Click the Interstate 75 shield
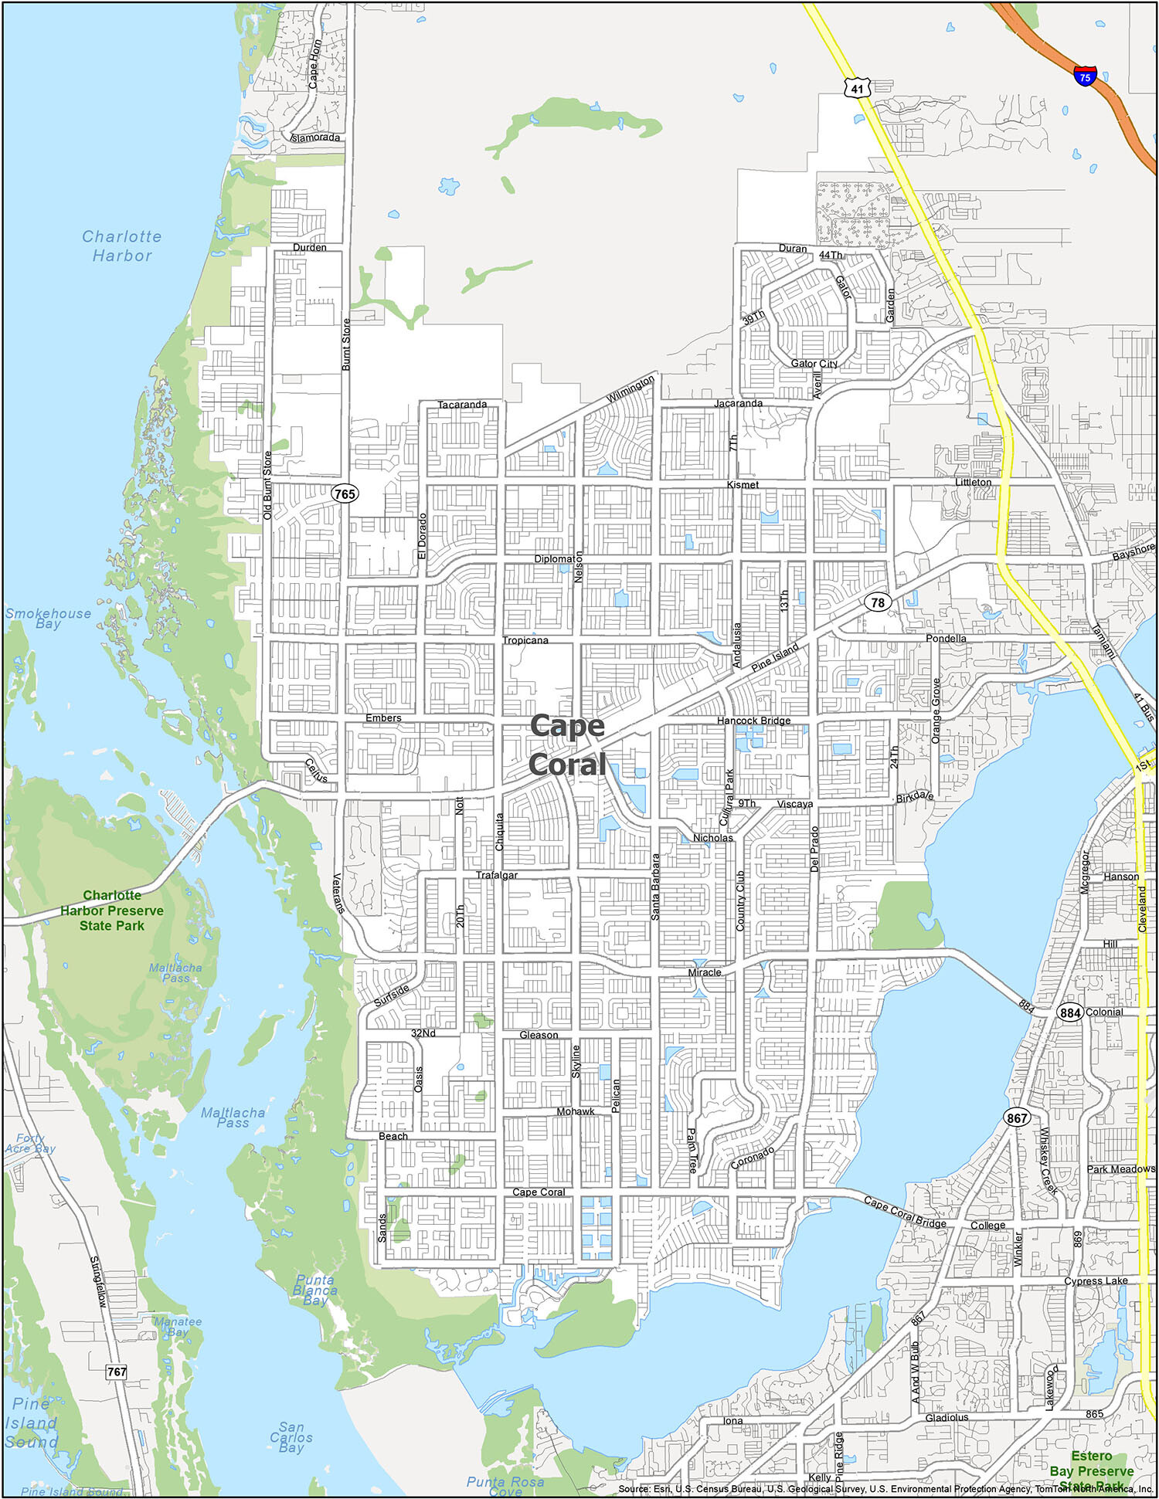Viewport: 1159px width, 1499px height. (x=1085, y=76)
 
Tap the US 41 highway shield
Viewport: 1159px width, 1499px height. (x=857, y=88)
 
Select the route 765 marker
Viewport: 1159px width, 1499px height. (x=345, y=493)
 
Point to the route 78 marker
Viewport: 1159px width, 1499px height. (x=877, y=602)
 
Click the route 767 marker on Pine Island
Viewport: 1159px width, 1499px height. (x=116, y=1372)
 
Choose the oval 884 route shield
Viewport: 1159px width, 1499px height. (x=1069, y=1012)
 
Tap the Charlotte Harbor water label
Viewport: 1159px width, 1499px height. (x=122, y=246)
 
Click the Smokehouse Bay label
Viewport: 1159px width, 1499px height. (x=48, y=618)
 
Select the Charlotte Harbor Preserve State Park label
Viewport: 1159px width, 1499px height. (x=112, y=910)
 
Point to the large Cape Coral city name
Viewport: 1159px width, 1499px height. (x=567, y=744)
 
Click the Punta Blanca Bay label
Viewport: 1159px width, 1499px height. (x=315, y=1290)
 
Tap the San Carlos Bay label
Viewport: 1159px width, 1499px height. (x=291, y=1437)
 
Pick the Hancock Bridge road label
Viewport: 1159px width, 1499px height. (x=753, y=721)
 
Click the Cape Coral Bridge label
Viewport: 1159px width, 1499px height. (x=904, y=1212)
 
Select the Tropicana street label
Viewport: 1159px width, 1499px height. (x=525, y=640)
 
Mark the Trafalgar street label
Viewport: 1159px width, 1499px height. (x=496, y=875)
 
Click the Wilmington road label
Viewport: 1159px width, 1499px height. (x=630, y=388)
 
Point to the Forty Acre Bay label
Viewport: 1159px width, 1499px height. (x=31, y=1143)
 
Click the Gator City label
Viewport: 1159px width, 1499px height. (x=814, y=363)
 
